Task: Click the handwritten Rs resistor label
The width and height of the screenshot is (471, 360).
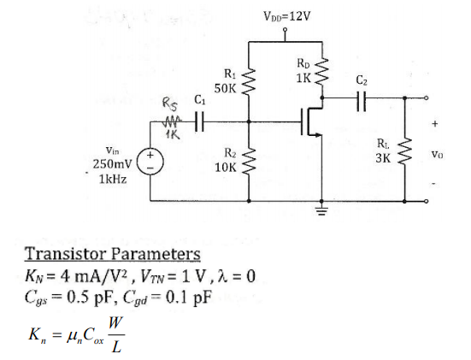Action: tap(170, 106)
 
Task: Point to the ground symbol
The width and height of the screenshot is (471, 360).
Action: tap(322, 210)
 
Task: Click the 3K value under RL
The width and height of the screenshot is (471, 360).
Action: tap(383, 157)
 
